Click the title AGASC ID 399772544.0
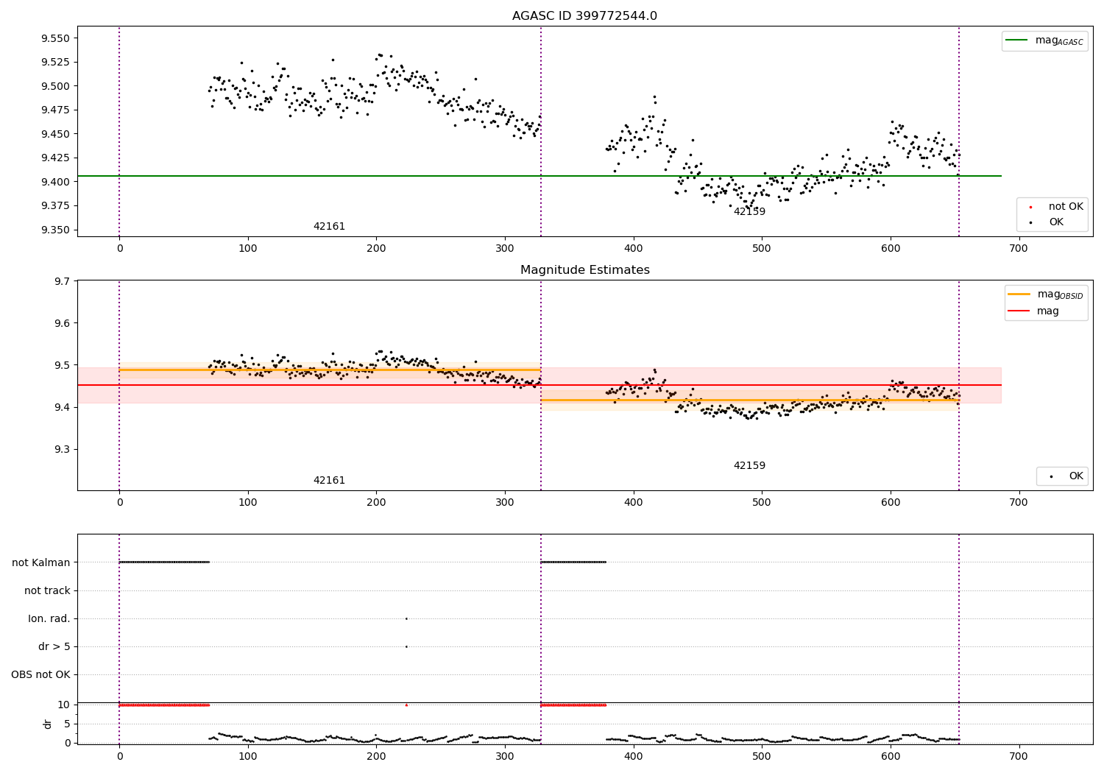584,16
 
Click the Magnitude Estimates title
584,270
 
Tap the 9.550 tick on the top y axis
54,38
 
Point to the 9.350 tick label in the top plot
54,230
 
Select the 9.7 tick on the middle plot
62,281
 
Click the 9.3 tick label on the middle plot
62,449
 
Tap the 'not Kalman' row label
41,562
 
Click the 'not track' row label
47,590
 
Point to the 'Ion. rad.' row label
49,618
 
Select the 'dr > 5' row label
54,646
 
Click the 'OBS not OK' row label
40,674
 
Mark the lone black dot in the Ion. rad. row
406,618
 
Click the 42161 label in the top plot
329,227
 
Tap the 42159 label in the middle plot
749,466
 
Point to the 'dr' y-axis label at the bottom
48,724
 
